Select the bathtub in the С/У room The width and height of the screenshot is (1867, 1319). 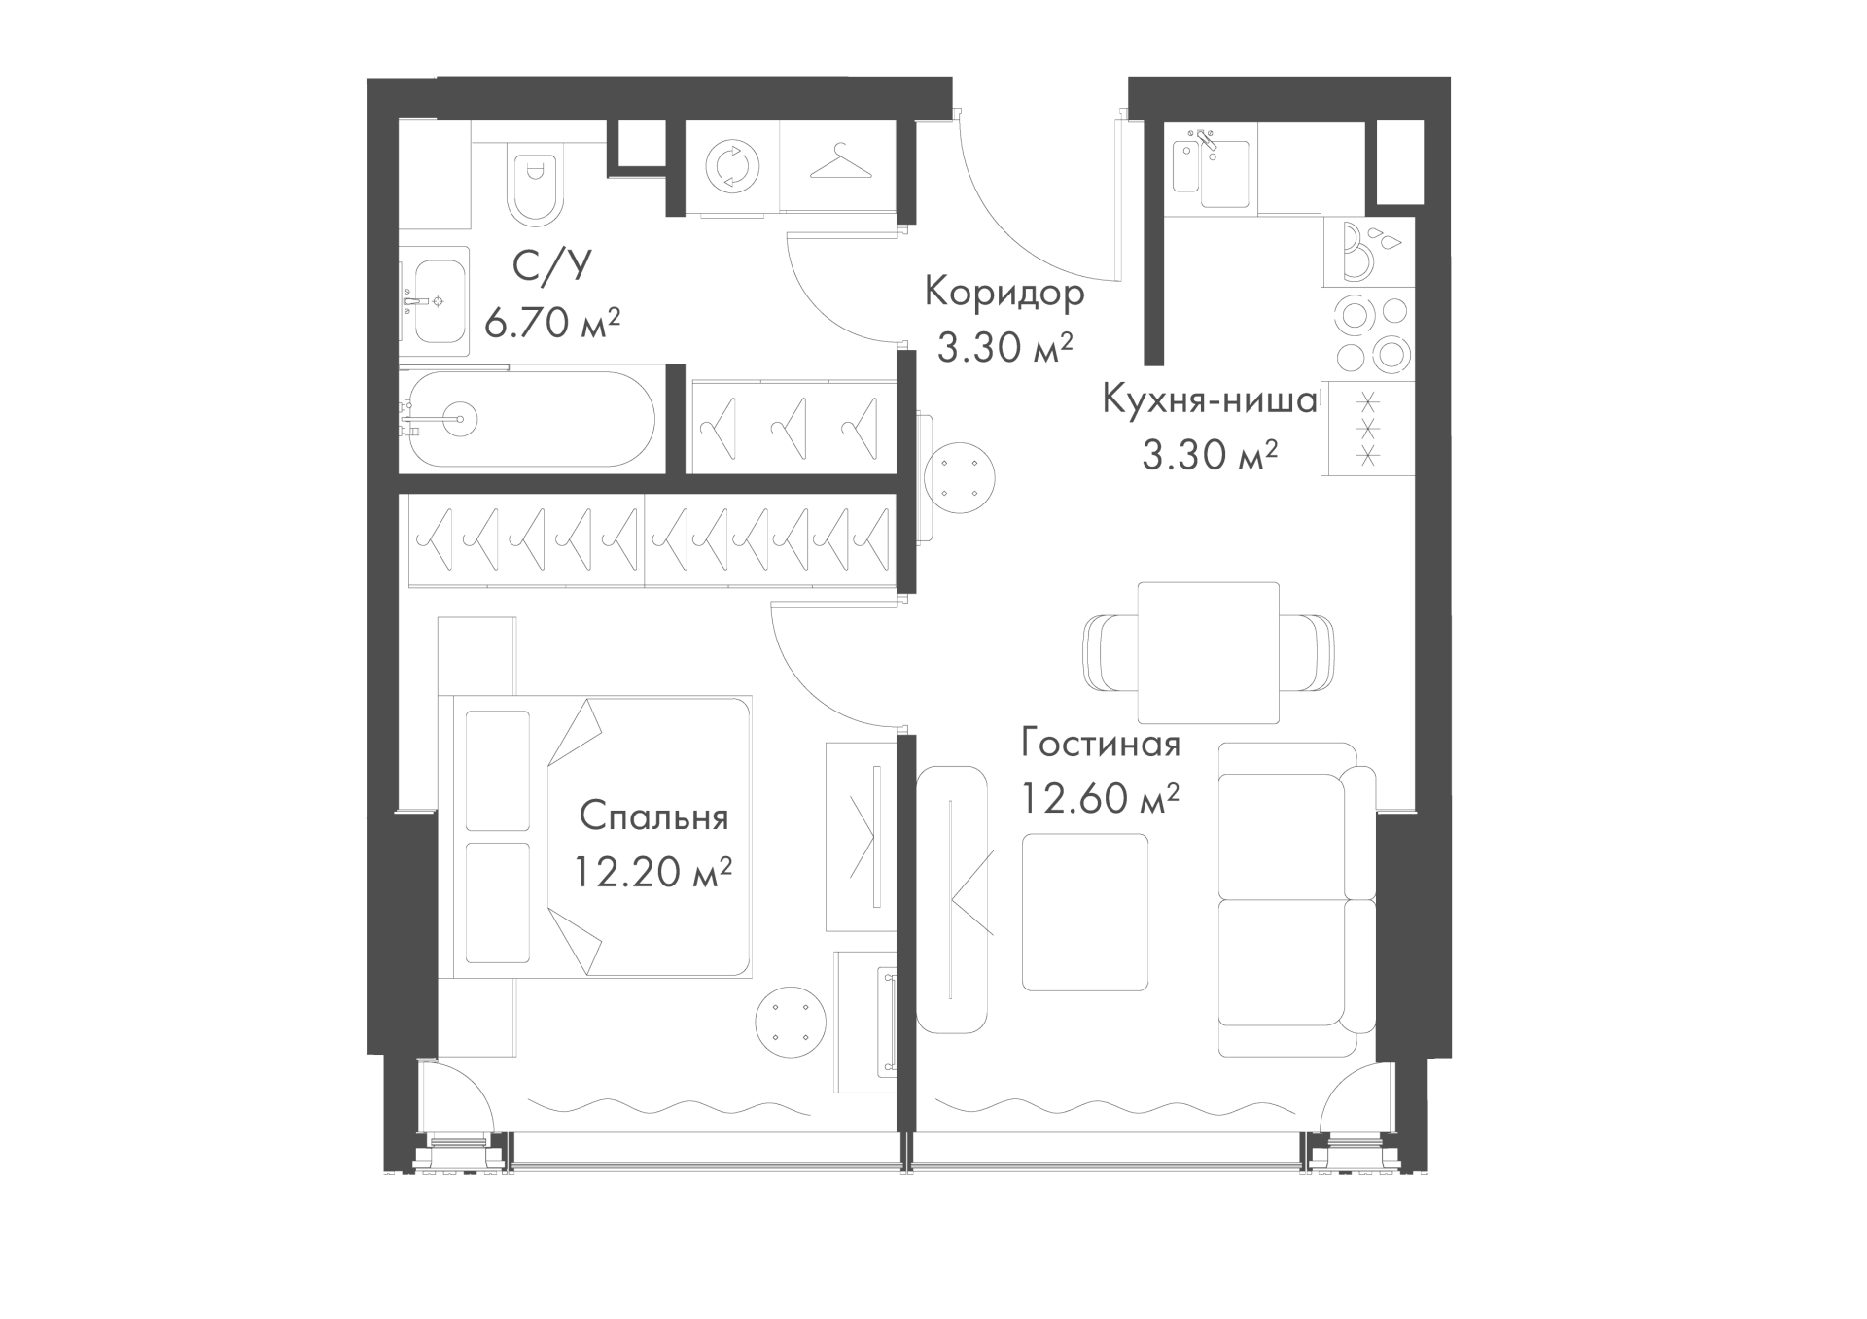[530, 419]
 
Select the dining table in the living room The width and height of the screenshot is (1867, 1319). [1209, 653]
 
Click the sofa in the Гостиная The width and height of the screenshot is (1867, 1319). [1297, 899]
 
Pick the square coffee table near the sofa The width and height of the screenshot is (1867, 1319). [1085, 912]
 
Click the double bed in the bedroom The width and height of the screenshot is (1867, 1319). [595, 836]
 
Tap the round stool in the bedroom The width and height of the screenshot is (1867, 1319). [791, 1023]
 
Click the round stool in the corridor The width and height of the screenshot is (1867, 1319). [960, 478]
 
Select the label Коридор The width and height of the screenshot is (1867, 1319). [1004, 292]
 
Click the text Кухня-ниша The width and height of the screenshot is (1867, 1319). [1209, 399]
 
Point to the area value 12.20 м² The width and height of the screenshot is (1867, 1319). [652, 872]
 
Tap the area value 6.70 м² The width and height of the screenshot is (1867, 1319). [551, 323]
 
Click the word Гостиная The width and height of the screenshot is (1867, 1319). [1101, 744]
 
